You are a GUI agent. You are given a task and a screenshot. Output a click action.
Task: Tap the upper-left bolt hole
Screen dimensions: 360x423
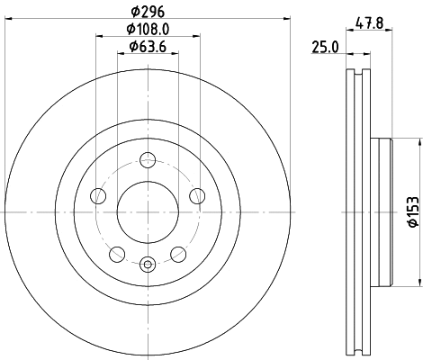[100, 196]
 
